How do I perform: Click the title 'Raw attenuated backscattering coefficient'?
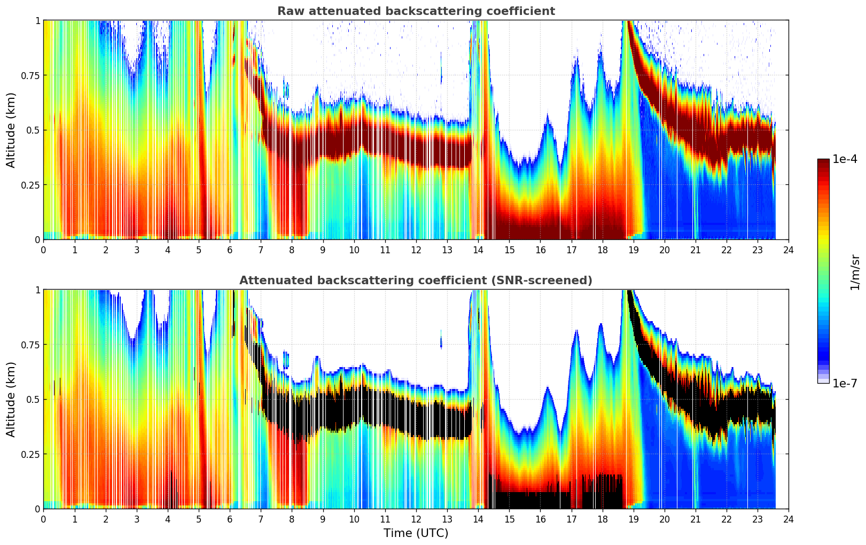(416, 11)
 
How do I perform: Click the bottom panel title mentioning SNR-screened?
(416, 281)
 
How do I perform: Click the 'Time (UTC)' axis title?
(416, 533)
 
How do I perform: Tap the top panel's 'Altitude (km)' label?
(11, 130)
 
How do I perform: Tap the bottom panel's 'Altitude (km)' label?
(11, 399)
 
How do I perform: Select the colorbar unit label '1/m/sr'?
(855, 272)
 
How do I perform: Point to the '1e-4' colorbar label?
(845, 159)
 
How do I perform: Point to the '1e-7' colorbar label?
(845, 383)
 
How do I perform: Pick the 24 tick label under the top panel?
(789, 250)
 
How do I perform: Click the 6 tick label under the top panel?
(230, 250)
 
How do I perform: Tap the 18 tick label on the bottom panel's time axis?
(602, 519)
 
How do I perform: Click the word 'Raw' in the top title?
(289, 11)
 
